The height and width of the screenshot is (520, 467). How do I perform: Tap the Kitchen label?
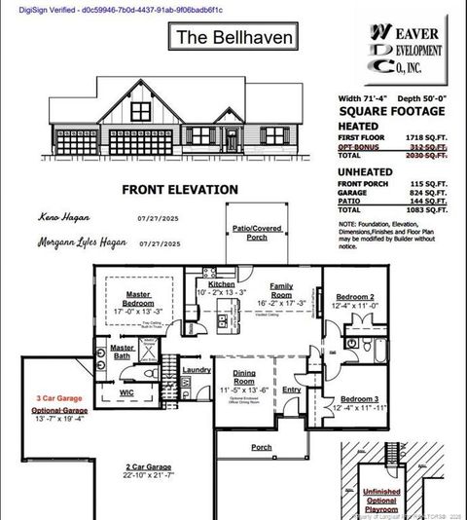click(x=221, y=284)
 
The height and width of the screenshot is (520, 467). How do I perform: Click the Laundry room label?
click(x=197, y=370)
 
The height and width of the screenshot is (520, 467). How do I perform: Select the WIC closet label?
click(x=126, y=392)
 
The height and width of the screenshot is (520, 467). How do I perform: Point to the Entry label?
click(x=291, y=390)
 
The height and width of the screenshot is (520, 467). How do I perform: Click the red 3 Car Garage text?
click(x=58, y=399)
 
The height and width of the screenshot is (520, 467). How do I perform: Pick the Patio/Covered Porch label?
click(x=257, y=233)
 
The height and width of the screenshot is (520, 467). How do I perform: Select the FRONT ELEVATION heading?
click(x=179, y=190)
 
